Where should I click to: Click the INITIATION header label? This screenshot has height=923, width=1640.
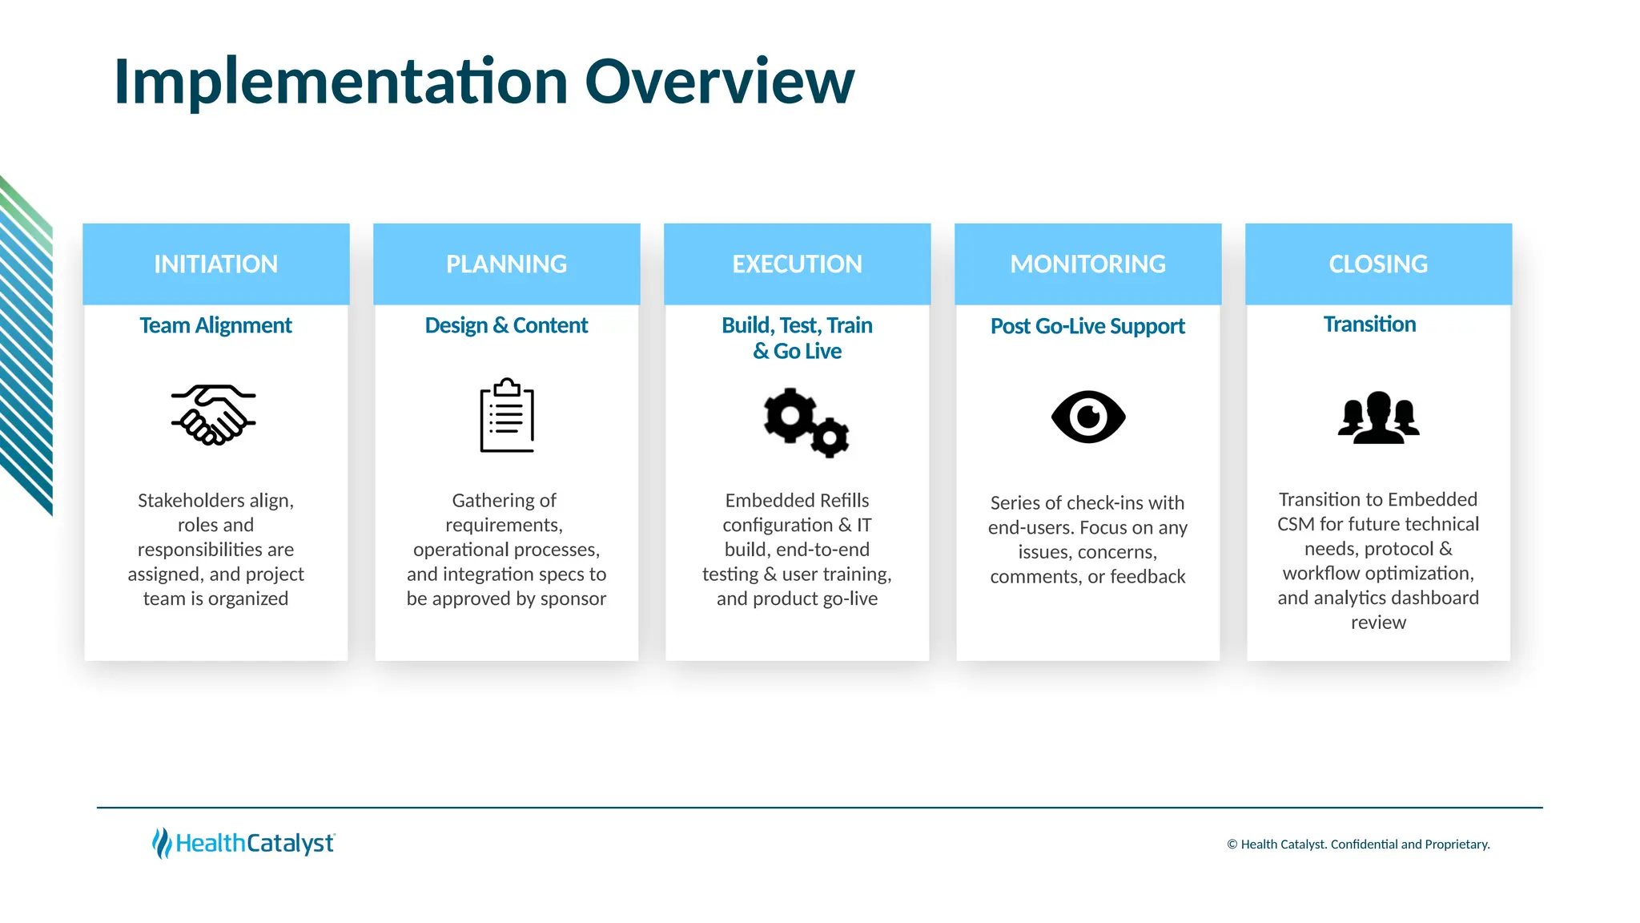(215, 264)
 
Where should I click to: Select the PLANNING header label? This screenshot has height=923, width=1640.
(506, 264)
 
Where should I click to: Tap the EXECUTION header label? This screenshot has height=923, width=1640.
(797, 264)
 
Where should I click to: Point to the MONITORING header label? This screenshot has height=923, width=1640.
(1087, 264)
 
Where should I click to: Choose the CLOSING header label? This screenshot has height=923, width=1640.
(1378, 264)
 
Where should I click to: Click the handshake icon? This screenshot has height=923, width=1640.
(213, 415)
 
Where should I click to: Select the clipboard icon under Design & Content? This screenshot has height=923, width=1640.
(507, 415)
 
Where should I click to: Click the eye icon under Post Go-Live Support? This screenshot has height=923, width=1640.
(1088, 417)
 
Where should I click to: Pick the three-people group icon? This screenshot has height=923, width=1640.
(1378, 417)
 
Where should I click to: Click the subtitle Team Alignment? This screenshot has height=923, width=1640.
(215, 325)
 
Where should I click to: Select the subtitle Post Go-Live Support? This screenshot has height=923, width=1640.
(1087, 326)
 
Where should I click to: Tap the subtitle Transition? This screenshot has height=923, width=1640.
(1369, 324)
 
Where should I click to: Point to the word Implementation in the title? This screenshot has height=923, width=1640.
(341, 82)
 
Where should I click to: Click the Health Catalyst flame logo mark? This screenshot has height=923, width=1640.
(162, 843)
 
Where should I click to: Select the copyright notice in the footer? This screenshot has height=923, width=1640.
(1358, 844)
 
